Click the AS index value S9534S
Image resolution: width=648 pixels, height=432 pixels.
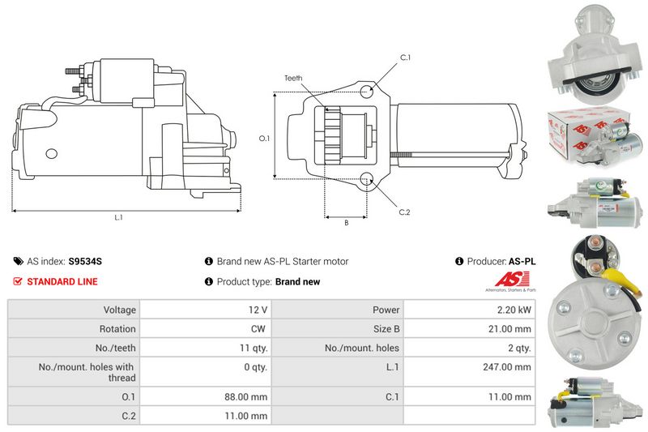tap(85, 261)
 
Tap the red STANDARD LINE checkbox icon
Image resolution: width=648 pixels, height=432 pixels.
tap(17, 281)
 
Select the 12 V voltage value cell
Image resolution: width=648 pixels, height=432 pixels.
tap(206, 310)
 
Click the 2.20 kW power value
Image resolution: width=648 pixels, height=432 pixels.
tap(514, 310)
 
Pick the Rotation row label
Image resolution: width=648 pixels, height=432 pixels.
tap(117, 328)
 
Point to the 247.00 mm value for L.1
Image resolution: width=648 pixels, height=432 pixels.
tap(507, 366)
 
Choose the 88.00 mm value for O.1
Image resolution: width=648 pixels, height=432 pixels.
tap(246, 397)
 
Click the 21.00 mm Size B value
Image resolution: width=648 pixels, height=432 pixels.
tap(509, 328)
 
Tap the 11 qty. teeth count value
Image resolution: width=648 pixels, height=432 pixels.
tap(254, 348)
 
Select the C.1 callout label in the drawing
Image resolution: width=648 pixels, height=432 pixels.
tap(406, 58)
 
